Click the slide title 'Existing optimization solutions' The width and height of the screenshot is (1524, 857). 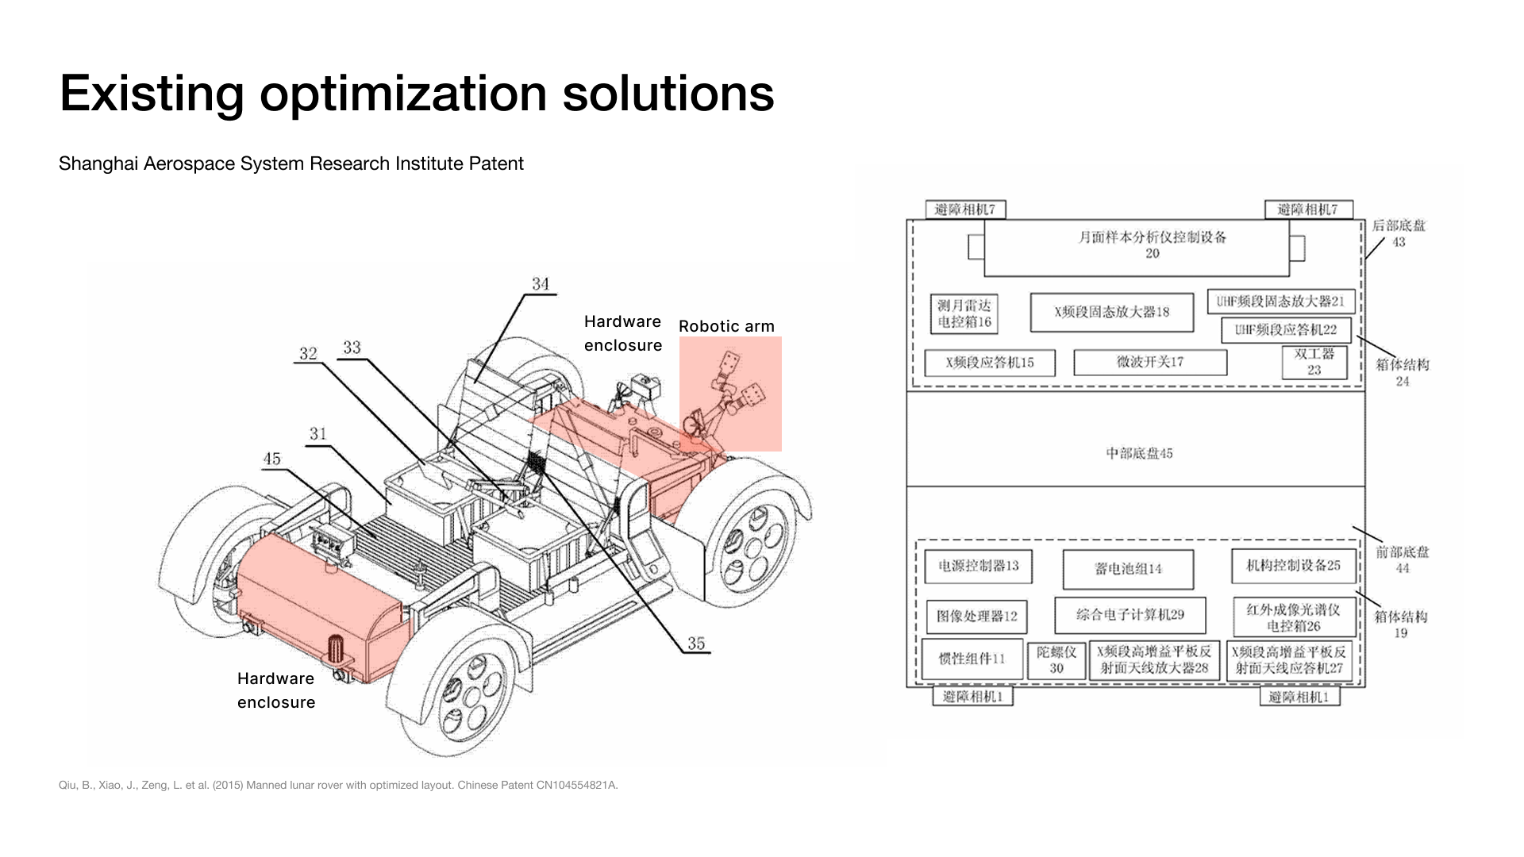tap(417, 93)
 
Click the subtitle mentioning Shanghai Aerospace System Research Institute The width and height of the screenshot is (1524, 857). tap(291, 163)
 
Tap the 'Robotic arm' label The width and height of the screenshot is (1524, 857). tap(726, 326)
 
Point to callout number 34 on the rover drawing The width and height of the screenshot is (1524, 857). tap(541, 284)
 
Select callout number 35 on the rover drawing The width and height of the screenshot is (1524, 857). tap(696, 644)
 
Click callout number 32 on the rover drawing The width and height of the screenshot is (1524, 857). tap(308, 354)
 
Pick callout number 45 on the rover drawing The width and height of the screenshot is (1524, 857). tap(272, 459)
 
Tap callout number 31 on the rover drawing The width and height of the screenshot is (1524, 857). tap(318, 434)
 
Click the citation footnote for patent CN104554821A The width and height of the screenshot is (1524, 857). tap(338, 785)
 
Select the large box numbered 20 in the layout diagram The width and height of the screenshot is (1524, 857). tap(1136, 247)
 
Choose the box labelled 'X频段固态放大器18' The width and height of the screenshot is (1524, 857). tap(1111, 312)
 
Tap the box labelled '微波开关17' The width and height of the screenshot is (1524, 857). tap(1149, 362)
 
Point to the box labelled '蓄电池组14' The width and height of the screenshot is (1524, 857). tap(1128, 569)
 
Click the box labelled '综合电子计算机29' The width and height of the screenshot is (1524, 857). tap(1130, 615)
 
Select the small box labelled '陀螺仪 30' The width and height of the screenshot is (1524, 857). tap(1056, 660)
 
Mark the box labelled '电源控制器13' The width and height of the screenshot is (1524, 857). tap(978, 566)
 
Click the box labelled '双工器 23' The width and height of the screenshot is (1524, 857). tap(1314, 362)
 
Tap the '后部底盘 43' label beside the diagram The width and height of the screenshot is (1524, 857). tap(1399, 233)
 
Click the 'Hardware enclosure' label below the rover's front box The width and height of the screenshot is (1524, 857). tap(276, 690)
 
